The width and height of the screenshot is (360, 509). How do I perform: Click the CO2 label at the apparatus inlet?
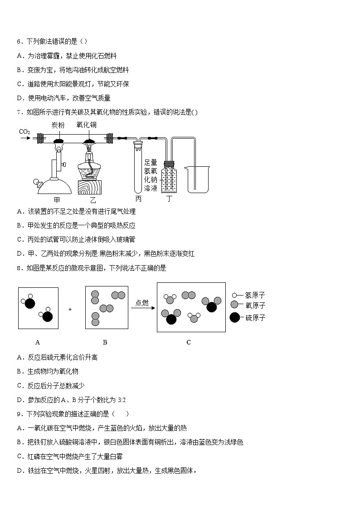pos(24,132)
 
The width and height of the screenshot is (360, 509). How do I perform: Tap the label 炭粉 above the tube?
pos(58,125)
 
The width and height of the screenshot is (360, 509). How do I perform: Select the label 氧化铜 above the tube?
pos(86,125)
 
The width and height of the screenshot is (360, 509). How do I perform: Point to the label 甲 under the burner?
pos(57,199)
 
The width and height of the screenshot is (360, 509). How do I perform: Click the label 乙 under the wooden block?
pos(93,199)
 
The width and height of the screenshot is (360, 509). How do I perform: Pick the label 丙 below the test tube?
pos(138,199)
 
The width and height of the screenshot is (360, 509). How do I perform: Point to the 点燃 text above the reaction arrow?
pos(142,303)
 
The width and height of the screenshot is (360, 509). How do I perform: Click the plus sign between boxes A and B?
pos(70,309)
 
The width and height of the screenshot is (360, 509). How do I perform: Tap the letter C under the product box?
pos(189,342)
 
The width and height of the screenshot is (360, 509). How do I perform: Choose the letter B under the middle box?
pos(105,342)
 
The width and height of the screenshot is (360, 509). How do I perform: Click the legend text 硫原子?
pos(255,318)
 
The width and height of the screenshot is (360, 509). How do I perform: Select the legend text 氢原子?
pos(255,295)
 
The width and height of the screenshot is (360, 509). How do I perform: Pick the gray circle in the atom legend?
pos(234,305)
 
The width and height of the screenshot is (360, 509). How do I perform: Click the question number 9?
pos(19,413)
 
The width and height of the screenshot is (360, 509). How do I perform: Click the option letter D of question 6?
pos(19,98)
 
